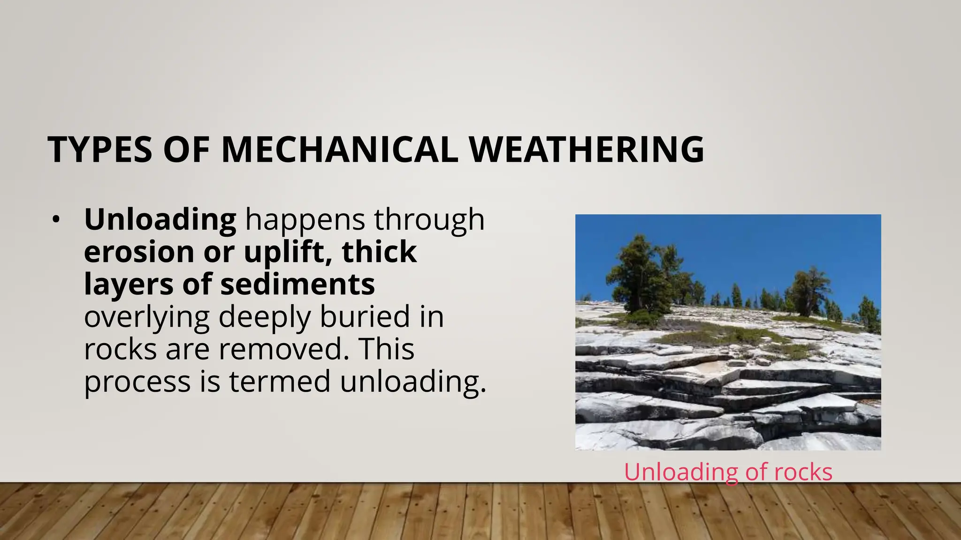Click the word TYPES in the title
click(x=100, y=150)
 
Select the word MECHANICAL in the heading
click(x=339, y=150)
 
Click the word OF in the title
click(x=186, y=150)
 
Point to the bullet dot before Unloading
click(x=56, y=219)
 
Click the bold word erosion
click(x=139, y=252)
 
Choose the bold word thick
click(x=379, y=252)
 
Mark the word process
click(x=137, y=381)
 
